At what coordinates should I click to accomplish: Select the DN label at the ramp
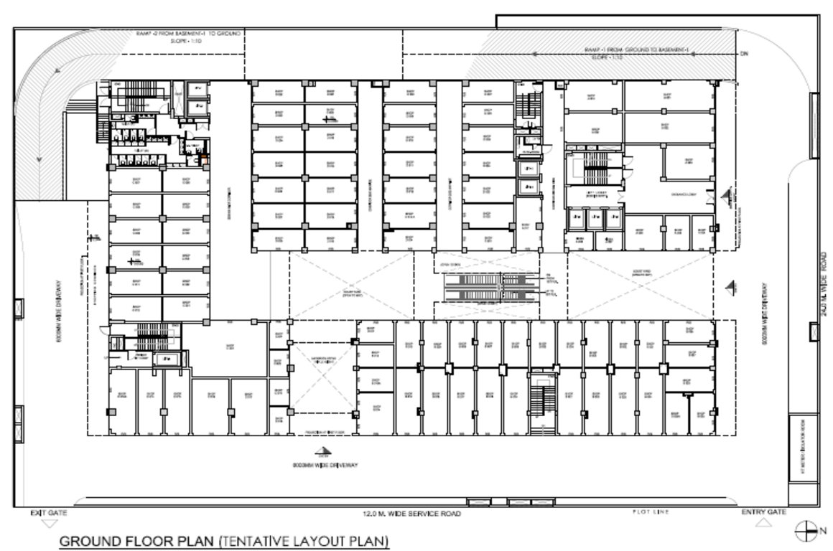pyautogui.click(x=745, y=55)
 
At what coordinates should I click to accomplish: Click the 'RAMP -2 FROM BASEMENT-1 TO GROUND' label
pyautogui.click(x=188, y=34)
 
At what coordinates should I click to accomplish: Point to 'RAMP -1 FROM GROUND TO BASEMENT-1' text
pyautogui.click(x=636, y=49)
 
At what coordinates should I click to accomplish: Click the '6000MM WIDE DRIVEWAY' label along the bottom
pyautogui.click(x=325, y=466)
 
